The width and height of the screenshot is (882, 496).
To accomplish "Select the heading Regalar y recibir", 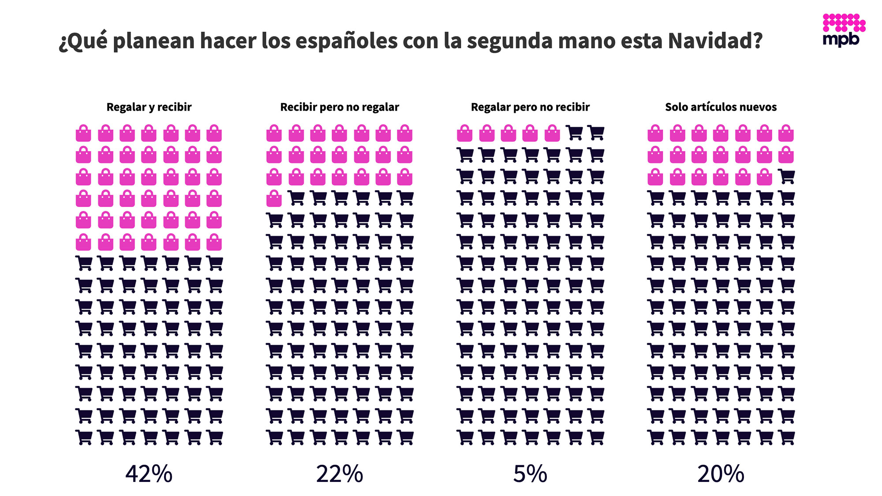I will [x=149, y=107].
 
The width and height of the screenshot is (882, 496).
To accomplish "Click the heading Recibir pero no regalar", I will [x=340, y=107].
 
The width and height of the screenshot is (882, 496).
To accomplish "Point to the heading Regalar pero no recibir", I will [x=530, y=107].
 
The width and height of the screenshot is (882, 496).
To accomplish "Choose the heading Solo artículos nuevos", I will [x=721, y=107].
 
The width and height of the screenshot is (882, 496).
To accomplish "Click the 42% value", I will [x=149, y=474].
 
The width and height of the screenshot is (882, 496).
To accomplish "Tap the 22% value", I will [x=340, y=474].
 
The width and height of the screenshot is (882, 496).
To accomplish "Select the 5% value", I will [x=530, y=474].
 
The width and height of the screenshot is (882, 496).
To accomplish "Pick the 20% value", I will [x=721, y=474].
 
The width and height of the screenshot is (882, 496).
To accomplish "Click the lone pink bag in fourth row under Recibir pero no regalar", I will [x=274, y=199].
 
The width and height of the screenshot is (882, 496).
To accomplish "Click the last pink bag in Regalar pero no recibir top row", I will [x=552, y=133].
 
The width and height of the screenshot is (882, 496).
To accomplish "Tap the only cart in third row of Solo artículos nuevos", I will [x=786, y=177].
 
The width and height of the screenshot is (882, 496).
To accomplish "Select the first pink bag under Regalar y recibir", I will [x=83, y=133].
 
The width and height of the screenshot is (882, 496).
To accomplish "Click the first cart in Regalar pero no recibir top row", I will [x=574, y=133].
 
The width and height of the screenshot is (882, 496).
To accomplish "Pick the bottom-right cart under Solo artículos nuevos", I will [x=786, y=437].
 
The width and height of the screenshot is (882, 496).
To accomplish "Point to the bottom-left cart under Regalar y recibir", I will [x=84, y=437].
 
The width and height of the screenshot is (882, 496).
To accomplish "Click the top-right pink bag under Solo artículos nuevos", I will [x=786, y=133].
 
